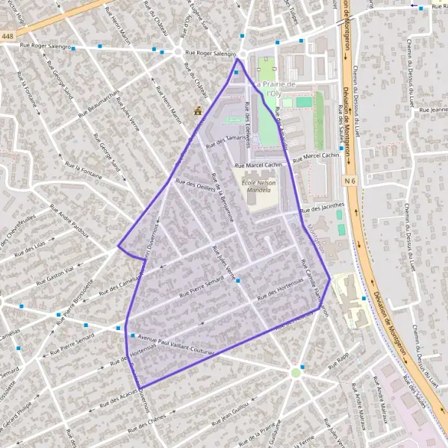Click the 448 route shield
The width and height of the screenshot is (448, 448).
tap(7, 36)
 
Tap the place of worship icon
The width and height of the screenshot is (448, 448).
tap(198, 111)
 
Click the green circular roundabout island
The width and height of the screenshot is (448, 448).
tap(296, 371)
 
